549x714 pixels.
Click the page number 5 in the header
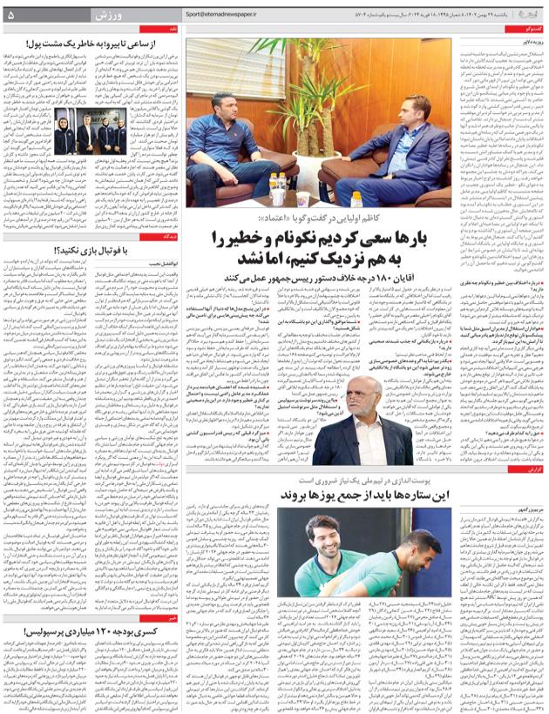[11, 15]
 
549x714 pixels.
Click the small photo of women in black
[105, 135]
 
